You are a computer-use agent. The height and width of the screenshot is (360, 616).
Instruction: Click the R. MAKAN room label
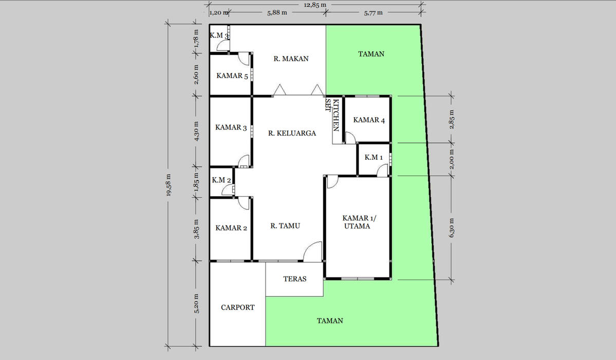(x=291, y=59)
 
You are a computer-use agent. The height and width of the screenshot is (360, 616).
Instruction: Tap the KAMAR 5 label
(x=232, y=76)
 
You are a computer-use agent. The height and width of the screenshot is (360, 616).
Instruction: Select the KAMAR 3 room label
(x=231, y=127)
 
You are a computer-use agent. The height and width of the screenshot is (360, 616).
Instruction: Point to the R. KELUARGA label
(x=292, y=134)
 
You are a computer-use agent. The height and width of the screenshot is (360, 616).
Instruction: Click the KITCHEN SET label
(x=332, y=115)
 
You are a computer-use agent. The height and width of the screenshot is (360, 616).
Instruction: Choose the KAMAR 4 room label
(x=369, y=120)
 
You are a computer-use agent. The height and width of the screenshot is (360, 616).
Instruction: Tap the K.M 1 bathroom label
(x=374, y=158)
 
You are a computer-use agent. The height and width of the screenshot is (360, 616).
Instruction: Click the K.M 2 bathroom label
(x=221, y=180)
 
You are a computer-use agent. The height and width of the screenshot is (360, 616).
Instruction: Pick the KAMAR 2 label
(x=231, y=228)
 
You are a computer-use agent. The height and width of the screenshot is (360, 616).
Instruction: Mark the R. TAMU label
(x=285, y=226)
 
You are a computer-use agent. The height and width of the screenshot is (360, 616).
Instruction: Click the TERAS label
(x=295, y=279)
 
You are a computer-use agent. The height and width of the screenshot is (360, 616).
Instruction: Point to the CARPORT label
(x=238, y=308)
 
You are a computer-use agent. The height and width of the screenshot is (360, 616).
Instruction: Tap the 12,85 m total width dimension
(x=315, y=5)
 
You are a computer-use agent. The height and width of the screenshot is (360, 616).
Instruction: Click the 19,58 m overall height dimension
(x=169, y=185)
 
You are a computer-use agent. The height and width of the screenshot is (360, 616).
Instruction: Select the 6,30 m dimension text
(x=452, y=228)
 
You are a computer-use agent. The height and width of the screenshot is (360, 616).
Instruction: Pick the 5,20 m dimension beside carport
(x=197, y=304)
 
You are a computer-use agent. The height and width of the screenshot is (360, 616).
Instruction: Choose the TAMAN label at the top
(x=371, y=54)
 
